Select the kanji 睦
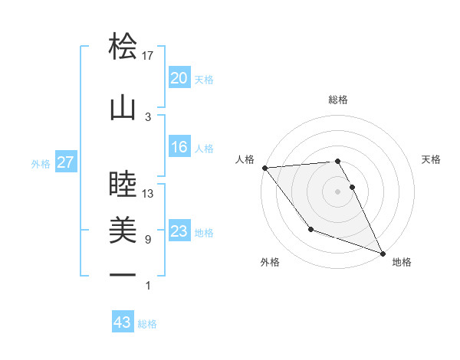pos(123,185)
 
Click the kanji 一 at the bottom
pos(123,273)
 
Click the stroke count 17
pos(149,55)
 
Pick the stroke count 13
pos(149,194)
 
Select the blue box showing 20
pos(179,78)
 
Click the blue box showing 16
pos(179,148)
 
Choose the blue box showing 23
pos(179,231)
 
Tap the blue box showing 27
pos(66,162)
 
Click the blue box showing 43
pos(123,322)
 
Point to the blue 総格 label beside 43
pos(148,324)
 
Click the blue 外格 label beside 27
pos(41,163)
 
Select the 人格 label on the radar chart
pos(246,159)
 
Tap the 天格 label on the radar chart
pos(432,159)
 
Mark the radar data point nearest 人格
pos(264,168)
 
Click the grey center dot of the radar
pos(338,191)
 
